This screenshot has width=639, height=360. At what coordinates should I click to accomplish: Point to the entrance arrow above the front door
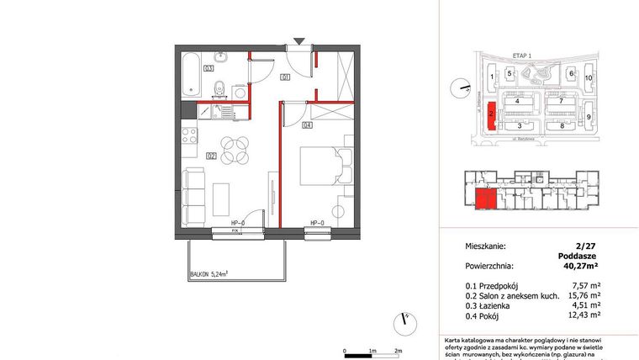coord(300,40)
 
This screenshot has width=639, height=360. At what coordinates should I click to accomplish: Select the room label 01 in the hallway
coord(286,78)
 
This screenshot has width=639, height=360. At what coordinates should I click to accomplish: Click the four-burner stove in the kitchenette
coord(188,135)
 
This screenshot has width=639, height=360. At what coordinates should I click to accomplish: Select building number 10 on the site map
coord(589,77)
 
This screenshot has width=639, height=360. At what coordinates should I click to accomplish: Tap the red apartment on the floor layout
coord(485,200)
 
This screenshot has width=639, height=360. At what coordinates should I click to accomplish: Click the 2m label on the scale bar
coord(398,348)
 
